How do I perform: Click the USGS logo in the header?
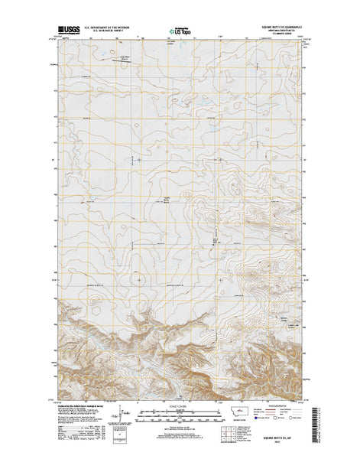66,32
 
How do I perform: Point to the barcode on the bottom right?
315,427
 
